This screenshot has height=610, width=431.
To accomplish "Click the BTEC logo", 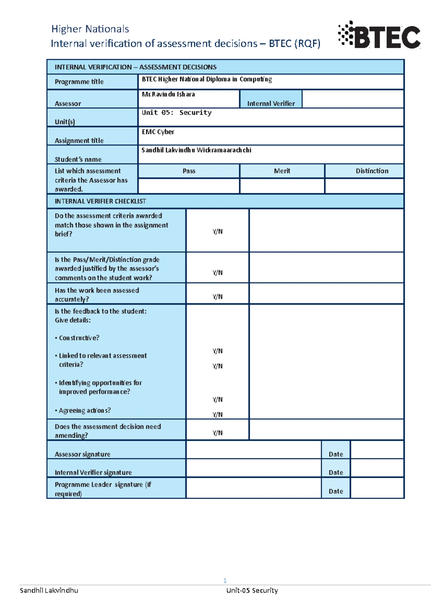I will pos(379,35).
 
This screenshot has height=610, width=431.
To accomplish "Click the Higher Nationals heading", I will pos(90,29).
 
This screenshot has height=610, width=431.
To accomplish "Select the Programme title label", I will pos(79,82).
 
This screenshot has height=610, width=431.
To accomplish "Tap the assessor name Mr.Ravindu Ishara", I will pos(168,94).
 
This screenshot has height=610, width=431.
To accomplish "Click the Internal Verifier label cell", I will pos(271,103).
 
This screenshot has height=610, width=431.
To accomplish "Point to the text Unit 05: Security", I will pos(176,113).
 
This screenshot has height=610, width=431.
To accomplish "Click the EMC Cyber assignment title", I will pos(158,132).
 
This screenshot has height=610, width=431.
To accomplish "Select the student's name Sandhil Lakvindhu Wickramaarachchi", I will pos(196,150).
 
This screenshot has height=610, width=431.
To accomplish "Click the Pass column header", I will pos(189,171).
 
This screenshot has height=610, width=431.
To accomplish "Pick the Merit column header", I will pos(282,171).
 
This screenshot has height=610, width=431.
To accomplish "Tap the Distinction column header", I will pos(372,171).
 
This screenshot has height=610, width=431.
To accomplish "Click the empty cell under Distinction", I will pos(364,186).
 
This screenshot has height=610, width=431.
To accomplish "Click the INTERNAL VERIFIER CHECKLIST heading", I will pos(100,202).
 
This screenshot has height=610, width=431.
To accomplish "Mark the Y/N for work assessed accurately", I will pos(217,297).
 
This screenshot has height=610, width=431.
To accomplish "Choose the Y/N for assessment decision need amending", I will pos(217,433).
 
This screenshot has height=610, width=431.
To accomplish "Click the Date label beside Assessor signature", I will pos(336,454).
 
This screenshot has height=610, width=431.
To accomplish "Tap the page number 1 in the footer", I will pos(225,581).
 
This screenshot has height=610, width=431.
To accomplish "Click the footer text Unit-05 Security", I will pos(252,591).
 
